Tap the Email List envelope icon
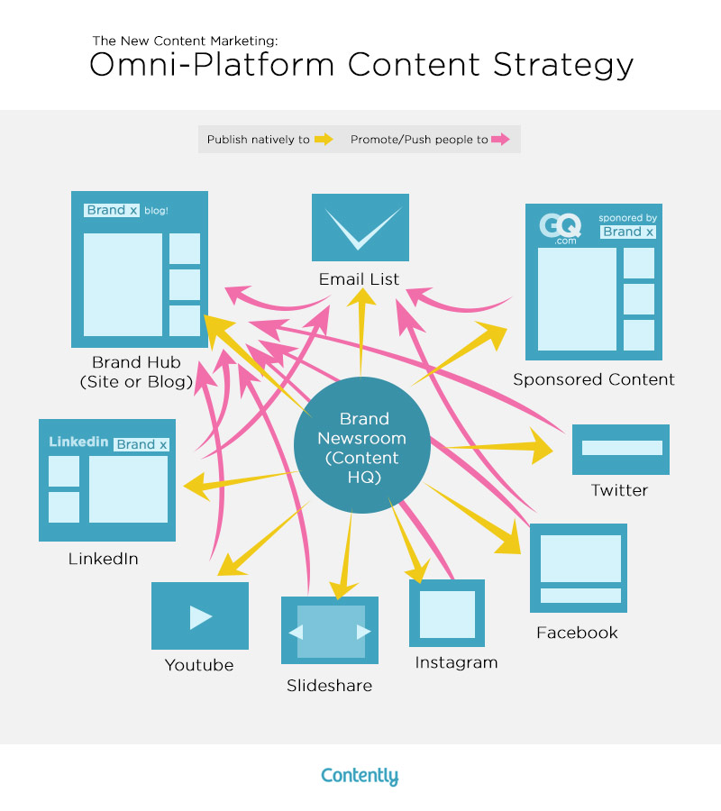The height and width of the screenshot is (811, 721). click(360, 227)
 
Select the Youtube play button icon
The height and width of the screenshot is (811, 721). click(200, 616)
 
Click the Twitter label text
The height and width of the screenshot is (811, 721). click(619, 490)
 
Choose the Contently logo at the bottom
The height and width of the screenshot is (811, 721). click(360, 776)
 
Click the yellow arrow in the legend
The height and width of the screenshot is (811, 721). click(324, 140)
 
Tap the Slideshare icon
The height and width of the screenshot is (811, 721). click(329, 631)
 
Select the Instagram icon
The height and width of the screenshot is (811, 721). click(447, 613)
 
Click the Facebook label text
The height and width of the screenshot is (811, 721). click(577, 633)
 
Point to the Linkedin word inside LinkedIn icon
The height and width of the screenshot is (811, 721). click(78, 442)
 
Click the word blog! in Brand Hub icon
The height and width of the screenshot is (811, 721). click(156, 210)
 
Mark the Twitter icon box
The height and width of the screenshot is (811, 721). click(621, 449)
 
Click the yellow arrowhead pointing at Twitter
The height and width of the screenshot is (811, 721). click(543, 444)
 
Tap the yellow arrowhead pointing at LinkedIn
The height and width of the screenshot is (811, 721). click(195, 486)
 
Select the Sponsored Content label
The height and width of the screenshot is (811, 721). click(593, 379)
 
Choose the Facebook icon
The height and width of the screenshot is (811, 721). click(579, 569)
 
